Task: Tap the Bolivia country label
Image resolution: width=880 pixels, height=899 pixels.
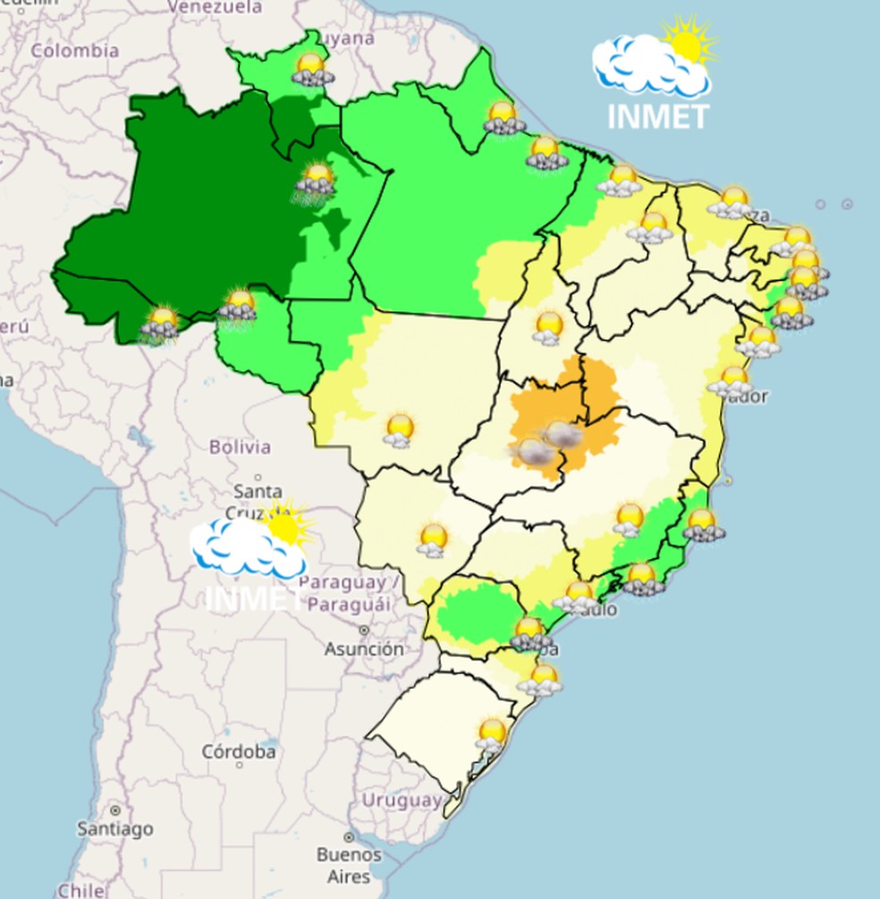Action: [239, 446]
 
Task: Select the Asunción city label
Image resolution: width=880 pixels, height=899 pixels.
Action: [364, 649]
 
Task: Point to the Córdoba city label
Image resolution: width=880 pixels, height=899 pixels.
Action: [238, 751]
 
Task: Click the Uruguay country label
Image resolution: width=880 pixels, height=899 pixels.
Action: [402, 800]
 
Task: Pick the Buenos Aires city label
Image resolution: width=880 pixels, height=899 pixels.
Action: [349, 865]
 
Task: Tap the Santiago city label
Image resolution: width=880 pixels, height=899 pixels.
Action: [115, 829]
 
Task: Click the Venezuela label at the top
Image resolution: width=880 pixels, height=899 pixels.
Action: [215, 7]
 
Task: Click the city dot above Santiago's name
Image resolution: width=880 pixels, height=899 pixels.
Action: [115, 810]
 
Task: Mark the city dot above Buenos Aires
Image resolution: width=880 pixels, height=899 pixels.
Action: [349, 838]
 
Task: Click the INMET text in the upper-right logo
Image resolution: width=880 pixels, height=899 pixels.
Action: [657, 116]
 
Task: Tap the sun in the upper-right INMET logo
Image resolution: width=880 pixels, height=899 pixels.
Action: [687, 43]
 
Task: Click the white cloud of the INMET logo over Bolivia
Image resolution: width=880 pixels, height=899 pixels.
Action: [241, 547]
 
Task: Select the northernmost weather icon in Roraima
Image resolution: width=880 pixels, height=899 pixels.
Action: [311, 69]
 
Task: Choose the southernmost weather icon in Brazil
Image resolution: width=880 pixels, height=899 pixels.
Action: [491, 735]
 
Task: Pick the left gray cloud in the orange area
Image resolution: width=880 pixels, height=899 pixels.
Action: [535, 452]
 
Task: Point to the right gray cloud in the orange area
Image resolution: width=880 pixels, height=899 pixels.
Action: [564, 435]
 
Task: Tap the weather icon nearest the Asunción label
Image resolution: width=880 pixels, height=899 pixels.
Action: [434, 540]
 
